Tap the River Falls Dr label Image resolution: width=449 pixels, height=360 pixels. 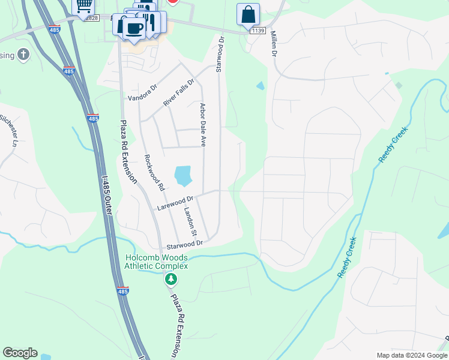(179, 93)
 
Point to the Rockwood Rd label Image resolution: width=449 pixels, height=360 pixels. (154, 173)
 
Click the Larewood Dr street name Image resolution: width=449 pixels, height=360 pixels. (175, 203)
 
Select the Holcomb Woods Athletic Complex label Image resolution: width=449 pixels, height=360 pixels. (156, 262)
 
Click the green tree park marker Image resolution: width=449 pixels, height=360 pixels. (171, 279)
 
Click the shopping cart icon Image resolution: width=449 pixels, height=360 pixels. (83, 6)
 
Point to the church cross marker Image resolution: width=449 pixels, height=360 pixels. (23, 55)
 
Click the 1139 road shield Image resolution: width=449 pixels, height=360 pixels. (258, 31)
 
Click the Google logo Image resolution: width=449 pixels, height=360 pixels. (20, 353)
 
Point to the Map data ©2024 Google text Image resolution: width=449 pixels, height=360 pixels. (412, 355)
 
